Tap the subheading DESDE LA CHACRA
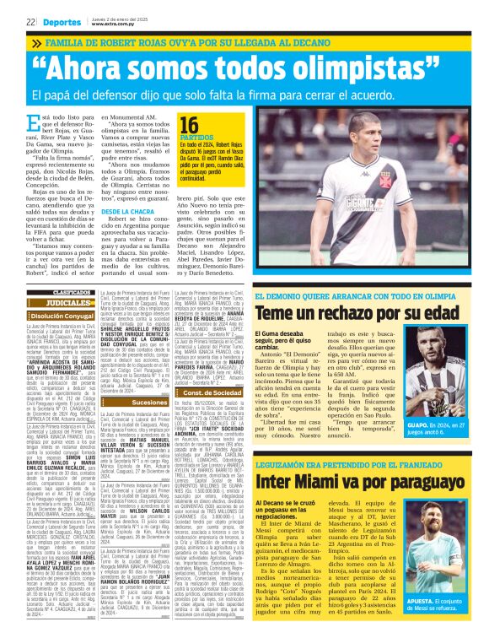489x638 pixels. click(126, 210)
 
